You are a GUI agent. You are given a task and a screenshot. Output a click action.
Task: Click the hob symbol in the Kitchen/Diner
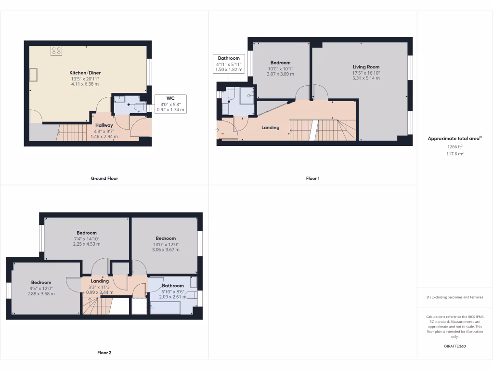(x=56, y=51)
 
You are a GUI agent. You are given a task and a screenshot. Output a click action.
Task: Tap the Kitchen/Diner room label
(x=85, y=73)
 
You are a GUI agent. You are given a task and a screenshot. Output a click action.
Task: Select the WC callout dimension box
(x=171, y=104)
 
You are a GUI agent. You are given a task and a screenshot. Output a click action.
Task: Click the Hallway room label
(x=104, y=125)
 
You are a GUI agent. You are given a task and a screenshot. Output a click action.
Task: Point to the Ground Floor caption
(x=104, y=178)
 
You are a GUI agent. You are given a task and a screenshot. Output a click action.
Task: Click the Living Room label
(x=366, y=67)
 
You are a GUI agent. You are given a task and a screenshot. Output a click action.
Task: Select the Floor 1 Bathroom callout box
(x=229, y=64)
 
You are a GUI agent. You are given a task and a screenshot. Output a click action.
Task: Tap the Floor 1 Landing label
(x=270, y=128)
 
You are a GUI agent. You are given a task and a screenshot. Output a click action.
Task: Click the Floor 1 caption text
(x=312, y=178)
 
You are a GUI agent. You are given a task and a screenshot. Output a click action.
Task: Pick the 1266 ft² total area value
(x=454, y=147)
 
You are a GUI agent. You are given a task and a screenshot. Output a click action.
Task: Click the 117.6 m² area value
(x=454, y=154)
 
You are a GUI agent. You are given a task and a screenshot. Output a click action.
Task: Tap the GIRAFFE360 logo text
(x=454, y=346)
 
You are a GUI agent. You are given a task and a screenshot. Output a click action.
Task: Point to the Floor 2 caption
(x=104, y=353)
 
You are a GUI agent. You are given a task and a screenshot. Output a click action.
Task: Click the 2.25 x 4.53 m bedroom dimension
(x=86, y=244)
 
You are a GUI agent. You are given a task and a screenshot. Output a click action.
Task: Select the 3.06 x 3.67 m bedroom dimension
(x=166, y=250)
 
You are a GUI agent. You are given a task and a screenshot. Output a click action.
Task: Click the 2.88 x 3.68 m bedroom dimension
(x=41, y=294)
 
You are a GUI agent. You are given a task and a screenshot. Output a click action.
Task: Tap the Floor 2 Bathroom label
(x=173, y=286)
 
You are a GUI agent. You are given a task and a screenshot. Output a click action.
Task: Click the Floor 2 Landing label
(x=100, y=281)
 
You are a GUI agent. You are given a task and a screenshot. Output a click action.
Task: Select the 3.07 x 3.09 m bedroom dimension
(x=280, y=74)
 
